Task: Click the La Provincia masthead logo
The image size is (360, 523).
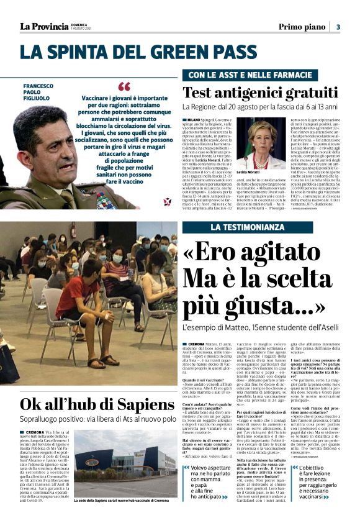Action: tap(43, 26)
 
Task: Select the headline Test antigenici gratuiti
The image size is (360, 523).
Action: tap(260, 93)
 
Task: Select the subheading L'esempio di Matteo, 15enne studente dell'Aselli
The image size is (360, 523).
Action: tap(261, 326)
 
